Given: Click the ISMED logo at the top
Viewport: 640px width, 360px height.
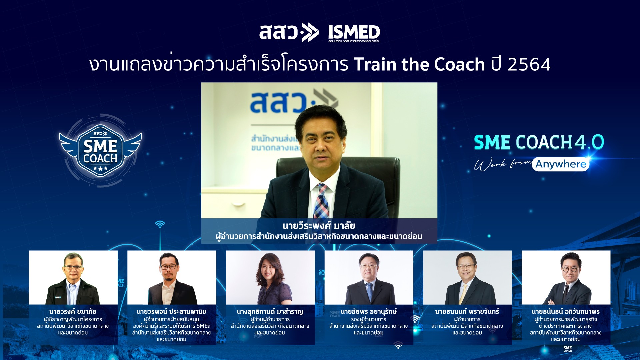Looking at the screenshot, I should tap(354, 32).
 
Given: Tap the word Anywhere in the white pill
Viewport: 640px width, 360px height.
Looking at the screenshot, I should tap(561, 164).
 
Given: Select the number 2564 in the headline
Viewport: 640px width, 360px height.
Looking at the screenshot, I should tap(529, 64).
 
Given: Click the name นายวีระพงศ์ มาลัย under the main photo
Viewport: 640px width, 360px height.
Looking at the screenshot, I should tap(319, 226).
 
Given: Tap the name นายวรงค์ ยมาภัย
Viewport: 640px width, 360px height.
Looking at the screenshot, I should tap(73, 312).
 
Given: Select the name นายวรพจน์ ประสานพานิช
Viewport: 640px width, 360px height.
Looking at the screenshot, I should tap(171, 312).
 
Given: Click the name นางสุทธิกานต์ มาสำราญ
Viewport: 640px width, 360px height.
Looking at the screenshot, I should tap(270, 312).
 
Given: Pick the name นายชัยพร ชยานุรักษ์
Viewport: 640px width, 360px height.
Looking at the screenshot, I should tap(369, 312).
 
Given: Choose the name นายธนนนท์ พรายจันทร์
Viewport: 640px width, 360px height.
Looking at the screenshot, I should tap(467, 312).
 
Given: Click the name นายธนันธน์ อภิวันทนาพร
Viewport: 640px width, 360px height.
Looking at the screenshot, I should tap(566, 312).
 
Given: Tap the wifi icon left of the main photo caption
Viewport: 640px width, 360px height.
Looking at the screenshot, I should tap(160, 224).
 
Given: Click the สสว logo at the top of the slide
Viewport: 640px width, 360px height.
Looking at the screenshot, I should tap(289, 32).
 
